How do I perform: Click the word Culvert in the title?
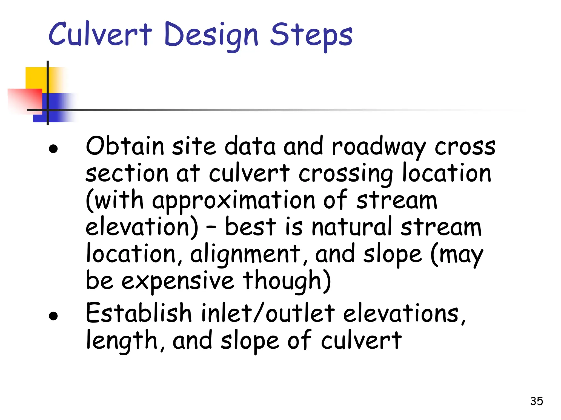click(100, 34)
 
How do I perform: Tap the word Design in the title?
click(211, 36)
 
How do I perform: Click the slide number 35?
click(536, 401)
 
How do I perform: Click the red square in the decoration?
click(25, 100)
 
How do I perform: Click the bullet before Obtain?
click(53, 149)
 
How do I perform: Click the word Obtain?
click(125, 146)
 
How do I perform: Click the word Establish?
click(139, 313)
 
